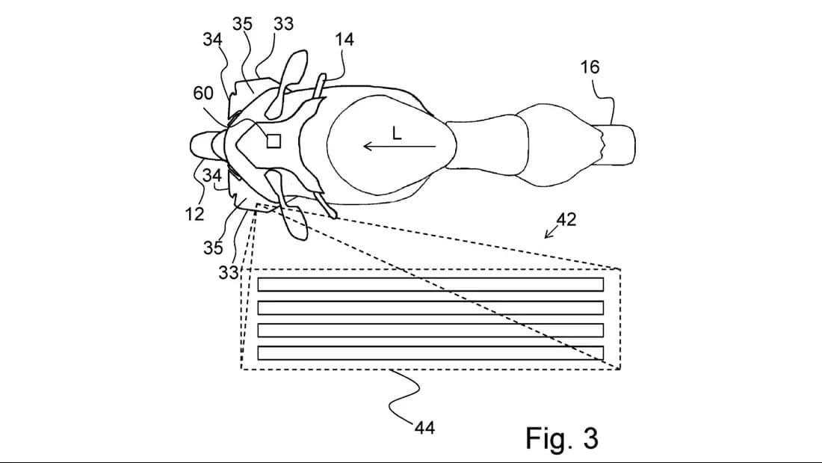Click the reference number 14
(x=344, y=40)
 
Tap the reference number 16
(x=590, y=67)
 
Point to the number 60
(x=203, y=93)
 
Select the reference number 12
(x=194, y=214)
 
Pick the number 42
(x=566, y=219)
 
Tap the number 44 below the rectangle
(x=424, y=427)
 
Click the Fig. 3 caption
(x=561, y=438)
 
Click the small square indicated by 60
(x=274, y=141)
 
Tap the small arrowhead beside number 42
(x=549, y=233)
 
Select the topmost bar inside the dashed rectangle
(x=430, y=284)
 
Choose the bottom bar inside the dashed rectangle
(x=430, y=353)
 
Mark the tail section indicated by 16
(x=617, y=144)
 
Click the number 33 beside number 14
(x=283, y=24)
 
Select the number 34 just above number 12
(x=214, y=177)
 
